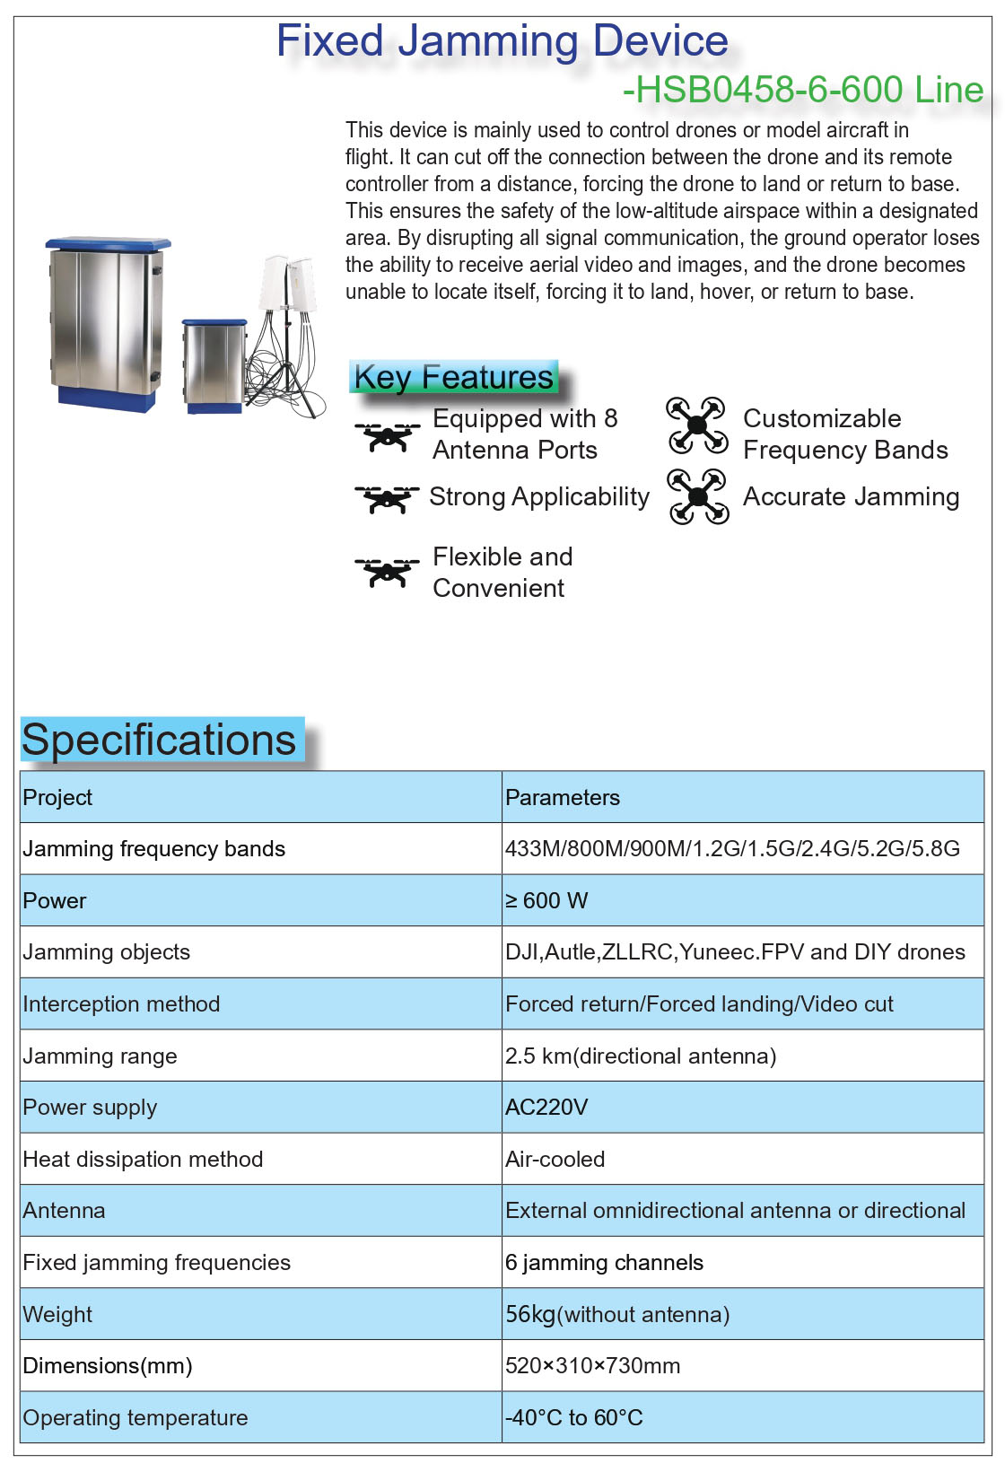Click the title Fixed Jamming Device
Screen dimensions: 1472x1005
pos(502,41)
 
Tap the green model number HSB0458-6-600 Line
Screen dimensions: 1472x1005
pos(803,90)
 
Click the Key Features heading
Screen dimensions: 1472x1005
pos(453,377)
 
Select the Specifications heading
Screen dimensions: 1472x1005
pos(159,740)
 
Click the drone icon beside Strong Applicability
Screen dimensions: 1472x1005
pos(387,498)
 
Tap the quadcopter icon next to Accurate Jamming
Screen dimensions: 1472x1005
pos(697,496)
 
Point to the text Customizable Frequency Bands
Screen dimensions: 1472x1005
pos(844,434)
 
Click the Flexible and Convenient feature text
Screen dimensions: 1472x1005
pos(502,572)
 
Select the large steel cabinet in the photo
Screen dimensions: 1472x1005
pos(106,323)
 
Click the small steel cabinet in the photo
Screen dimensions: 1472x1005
pos(214,365)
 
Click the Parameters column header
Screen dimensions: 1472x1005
pos(563,797)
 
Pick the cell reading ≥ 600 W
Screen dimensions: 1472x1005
pos(546,900)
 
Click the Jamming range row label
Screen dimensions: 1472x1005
pos(100,1056)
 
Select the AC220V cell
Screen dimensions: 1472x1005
pos(546,1107)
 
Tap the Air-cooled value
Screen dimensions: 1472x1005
pos(555,1159)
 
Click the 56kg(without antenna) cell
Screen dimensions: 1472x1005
pos(617,1314)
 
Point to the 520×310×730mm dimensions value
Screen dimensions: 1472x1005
pos(592,1365)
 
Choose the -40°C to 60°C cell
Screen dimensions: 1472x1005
pos(574,1417)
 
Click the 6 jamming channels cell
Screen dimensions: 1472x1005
pos(604,1262)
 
